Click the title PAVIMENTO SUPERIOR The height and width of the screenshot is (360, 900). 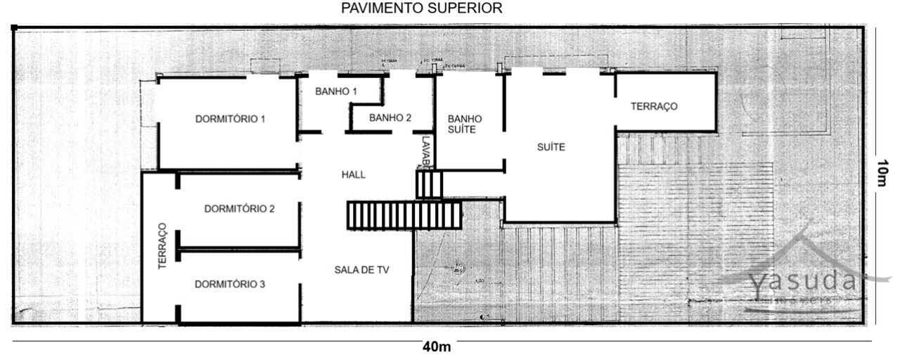(x=421, y=8)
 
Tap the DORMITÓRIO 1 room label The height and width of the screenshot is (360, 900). (x=230, y=119)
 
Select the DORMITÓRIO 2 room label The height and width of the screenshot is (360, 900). (x=239, y=209)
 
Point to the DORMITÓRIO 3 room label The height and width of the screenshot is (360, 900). (x=230, y=285)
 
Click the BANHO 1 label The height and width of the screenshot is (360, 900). (x=336, y=92)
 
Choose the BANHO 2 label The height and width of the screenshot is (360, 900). (x=390, y=117)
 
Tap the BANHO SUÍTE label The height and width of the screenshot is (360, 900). (x=465, y=124)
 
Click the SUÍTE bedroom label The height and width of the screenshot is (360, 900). (x=551, y=148)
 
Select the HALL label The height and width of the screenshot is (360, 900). (x=353, y=175)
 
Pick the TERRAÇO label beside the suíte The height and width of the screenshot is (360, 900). (x=653, y=107)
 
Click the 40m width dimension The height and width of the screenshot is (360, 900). (x=437, y=347)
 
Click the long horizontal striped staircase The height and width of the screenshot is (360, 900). (x=404, y=215)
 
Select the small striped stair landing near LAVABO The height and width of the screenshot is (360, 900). (x=429, y=184)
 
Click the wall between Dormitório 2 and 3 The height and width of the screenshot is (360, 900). (x=239, y=248)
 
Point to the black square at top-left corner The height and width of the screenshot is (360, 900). (x=14, y=27)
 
